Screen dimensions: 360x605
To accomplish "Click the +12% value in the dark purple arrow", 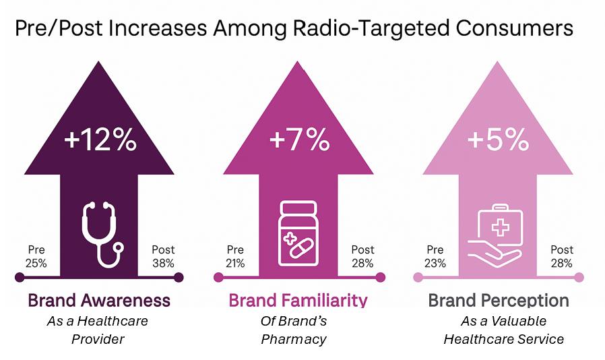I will pos(100,142).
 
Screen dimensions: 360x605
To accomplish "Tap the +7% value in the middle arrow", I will pos(298,142).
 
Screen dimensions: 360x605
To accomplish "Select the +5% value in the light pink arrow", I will pos(499,142).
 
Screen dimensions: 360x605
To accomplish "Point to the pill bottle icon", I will pos(298,233).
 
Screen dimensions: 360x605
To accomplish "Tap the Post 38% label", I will pos(164,256).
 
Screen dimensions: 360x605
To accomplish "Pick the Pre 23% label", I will pos(435,256).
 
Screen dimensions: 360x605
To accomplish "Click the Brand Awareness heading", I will pos(98,299).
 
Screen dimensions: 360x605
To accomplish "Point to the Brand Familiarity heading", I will pos(298,299).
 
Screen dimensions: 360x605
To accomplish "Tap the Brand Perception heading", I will pos(499,299).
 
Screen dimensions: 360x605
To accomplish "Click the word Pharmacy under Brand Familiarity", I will pos(293,339).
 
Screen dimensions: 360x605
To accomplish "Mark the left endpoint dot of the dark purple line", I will pos(20,277).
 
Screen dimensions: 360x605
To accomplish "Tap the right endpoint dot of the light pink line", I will pos(579,277).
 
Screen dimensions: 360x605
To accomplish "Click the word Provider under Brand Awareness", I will pos(98,339).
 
